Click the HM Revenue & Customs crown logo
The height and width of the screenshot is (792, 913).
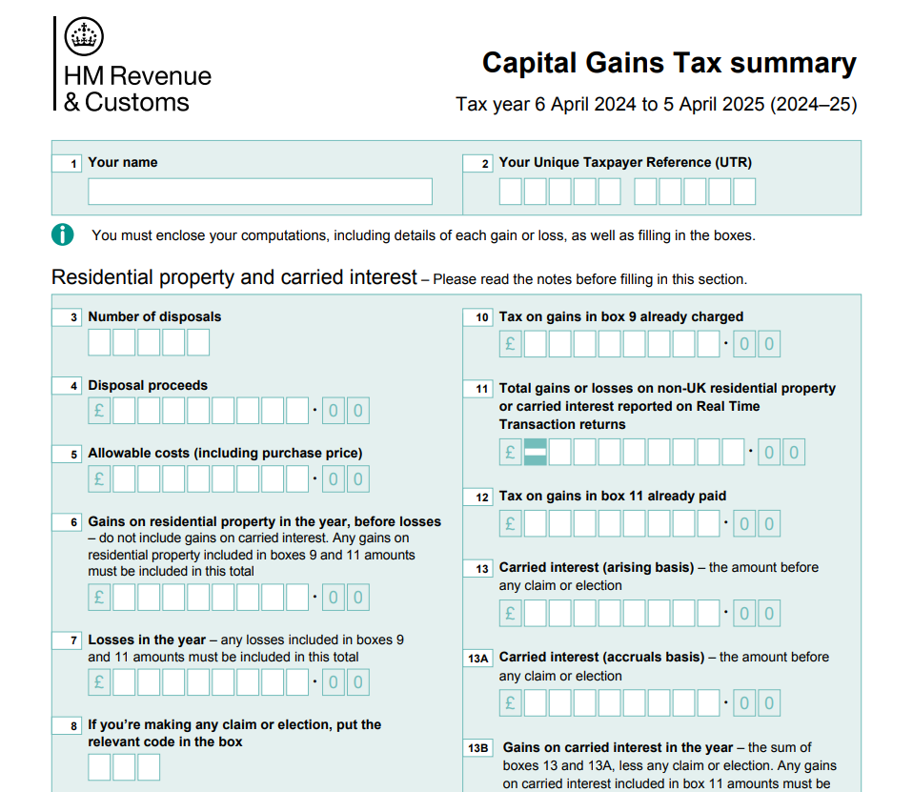click(83, 37)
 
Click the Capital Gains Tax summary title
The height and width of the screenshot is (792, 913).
click(668, 63)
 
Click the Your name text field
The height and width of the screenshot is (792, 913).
click(259, 192)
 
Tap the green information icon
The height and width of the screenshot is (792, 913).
click(63, 234)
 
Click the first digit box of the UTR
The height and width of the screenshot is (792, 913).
click(510, 192)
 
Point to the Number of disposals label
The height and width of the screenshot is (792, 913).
click(154, 316)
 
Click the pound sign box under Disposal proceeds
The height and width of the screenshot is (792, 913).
click(99, 411)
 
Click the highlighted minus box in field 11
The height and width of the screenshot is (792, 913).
click(536, 452)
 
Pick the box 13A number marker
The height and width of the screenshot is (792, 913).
click(477, 659)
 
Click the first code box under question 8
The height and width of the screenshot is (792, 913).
click(99, 767)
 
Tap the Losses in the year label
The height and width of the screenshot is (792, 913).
click(147, 640)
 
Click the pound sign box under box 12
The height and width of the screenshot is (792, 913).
click(510, 523)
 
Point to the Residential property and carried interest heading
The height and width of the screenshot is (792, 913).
click(234, 277)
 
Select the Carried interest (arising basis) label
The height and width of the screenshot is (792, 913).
click(596, 567)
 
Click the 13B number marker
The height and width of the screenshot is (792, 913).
click(477, 749)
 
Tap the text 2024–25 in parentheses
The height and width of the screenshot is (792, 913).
click(813, 104)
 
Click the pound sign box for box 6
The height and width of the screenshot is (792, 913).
click(99, 598)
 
